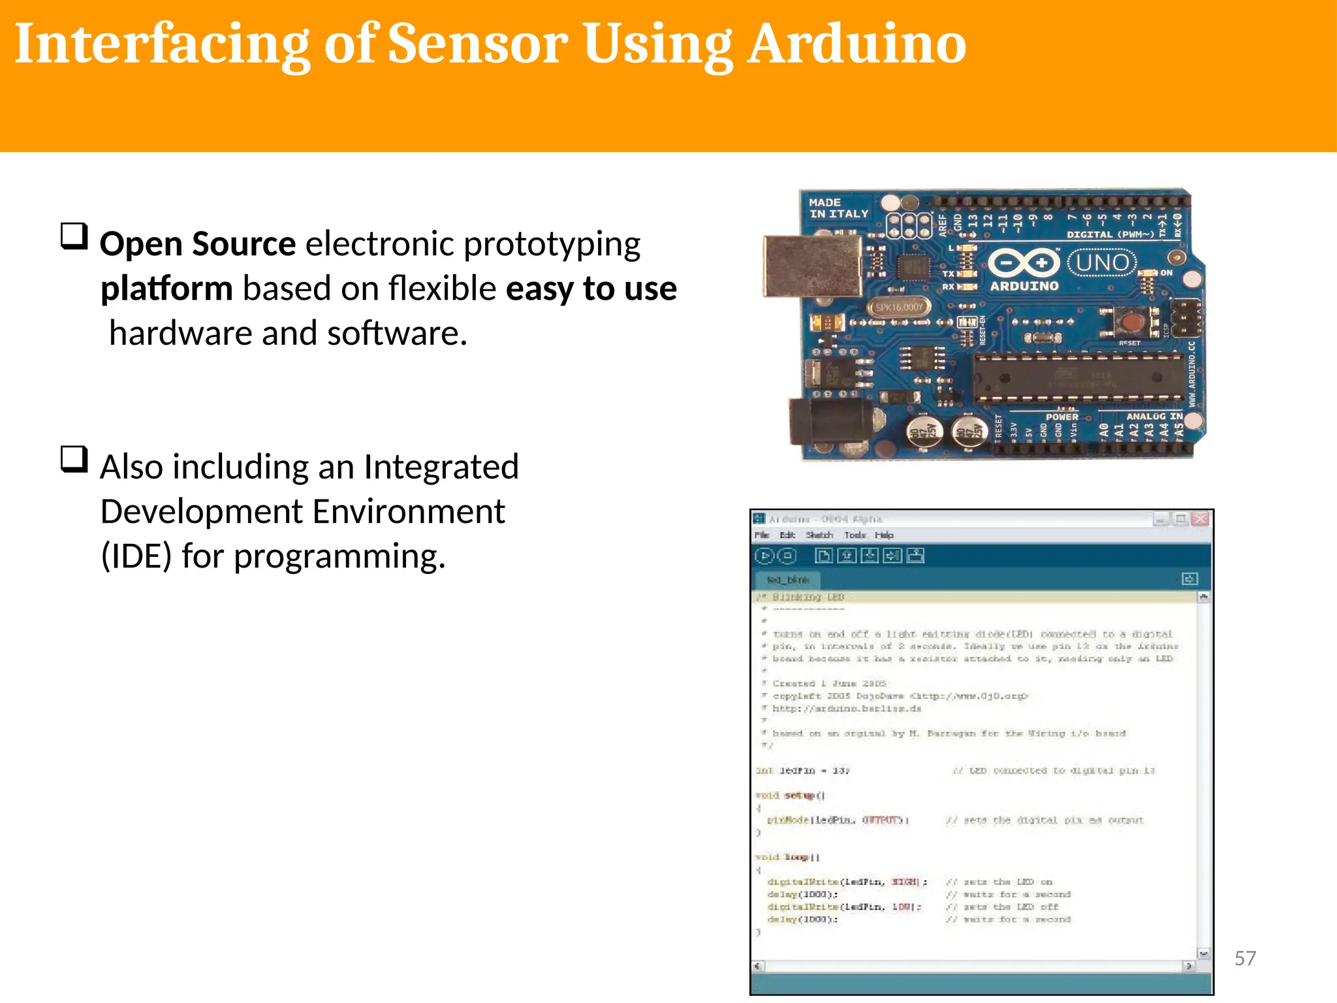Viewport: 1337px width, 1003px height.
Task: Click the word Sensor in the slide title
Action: (477, 44)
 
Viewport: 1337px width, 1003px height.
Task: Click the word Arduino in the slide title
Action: (857, 44)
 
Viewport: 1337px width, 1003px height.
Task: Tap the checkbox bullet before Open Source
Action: (74, 236)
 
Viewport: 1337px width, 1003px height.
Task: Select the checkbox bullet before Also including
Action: (74, 459)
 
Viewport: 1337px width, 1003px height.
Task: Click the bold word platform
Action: (166, 289)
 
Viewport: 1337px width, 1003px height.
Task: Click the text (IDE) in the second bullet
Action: (136, 556)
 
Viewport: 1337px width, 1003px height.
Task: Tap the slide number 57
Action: (1245, 958)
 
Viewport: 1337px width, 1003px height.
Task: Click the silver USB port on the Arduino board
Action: (812, 266)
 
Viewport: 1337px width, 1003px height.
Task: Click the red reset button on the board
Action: (1131, 322)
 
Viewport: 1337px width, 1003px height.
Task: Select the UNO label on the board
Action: (1102, 263)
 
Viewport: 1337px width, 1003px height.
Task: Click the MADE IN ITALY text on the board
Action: (838, 208)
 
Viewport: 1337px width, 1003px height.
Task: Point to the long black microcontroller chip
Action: (1077, 378)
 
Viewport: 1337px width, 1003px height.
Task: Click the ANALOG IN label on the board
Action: (1154, 416)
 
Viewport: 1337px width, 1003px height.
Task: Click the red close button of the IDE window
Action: (1200, 519)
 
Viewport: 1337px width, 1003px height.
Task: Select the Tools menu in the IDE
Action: (855, 535)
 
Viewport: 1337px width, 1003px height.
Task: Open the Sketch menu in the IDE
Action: (819, 535)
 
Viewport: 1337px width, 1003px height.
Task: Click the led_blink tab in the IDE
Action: (788, 580)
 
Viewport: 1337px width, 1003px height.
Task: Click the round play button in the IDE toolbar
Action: (764, 556)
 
